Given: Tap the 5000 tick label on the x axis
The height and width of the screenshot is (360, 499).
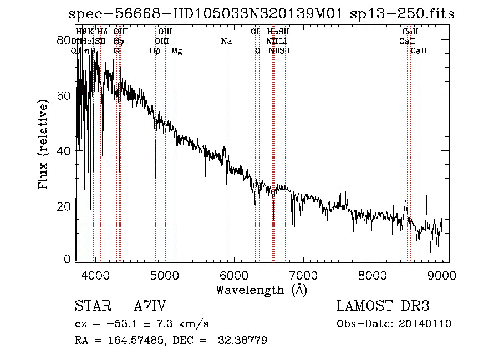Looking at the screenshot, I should coord(164,275).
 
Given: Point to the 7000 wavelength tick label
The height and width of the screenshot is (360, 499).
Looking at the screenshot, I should coord(303,275).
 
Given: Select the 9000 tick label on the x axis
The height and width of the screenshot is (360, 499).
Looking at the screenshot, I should coord(442,275).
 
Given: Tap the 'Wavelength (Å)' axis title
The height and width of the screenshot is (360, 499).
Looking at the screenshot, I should coord(261,290).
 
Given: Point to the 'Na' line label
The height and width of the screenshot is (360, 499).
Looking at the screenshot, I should coord(226,41).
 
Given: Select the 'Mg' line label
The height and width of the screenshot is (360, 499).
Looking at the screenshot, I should coord(176,51).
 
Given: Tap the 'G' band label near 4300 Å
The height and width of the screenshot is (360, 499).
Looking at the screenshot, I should coord(116,50).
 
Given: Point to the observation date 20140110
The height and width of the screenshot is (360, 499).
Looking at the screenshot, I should coord(425,323).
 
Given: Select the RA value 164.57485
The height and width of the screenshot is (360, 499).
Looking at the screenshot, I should coord(129,340).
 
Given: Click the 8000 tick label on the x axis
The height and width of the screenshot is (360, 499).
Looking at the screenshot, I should coord(372,275).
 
